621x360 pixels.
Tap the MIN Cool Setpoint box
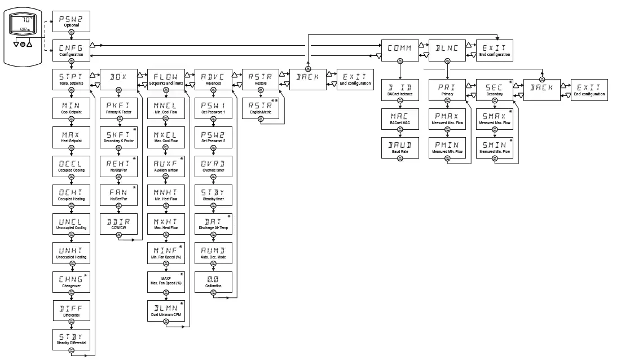(x=71, y=107)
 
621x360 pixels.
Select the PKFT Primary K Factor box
(x=118, y=107)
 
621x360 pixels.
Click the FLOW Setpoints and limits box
(x=166, y=78)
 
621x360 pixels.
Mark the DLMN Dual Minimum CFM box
(x=166, y=310)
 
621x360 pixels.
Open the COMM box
(x=399, y=50)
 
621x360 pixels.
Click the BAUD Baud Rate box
(x=399, y=147)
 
